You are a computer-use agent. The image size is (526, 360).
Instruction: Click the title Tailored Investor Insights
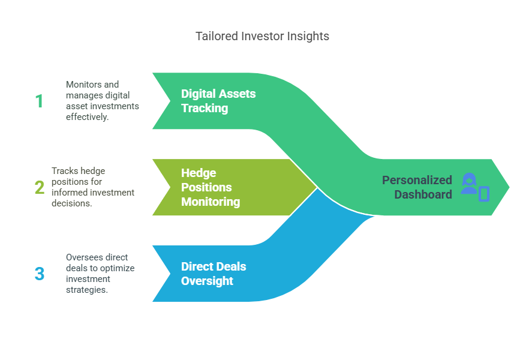point(262,36)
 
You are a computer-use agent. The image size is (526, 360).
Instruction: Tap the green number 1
point(39,101)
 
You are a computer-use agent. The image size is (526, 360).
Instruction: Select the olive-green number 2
point(40,187)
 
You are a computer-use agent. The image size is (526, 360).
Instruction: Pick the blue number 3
point(40,274)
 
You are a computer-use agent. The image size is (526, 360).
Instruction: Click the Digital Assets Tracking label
point(218,101)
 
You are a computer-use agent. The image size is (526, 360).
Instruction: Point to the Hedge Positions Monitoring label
point(211,187)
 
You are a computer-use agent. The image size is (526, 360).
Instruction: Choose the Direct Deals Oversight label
point(214,274)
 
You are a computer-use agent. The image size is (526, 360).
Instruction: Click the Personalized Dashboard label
point(417,187)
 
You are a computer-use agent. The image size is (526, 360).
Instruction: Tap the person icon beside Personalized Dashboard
point(469,184)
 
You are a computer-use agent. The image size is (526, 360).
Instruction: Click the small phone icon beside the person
point(484,194)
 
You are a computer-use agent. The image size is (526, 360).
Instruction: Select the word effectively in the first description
point(87,117)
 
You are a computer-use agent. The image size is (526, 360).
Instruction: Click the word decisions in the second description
point(72,203)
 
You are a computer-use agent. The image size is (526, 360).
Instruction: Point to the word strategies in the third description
point(87,290)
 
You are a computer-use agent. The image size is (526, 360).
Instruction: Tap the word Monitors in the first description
point(80,84)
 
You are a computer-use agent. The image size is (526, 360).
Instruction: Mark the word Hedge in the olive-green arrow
point(199,173)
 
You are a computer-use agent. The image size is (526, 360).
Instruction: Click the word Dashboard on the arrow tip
point(423,194)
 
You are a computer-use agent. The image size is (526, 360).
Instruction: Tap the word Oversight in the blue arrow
point(207,281)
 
